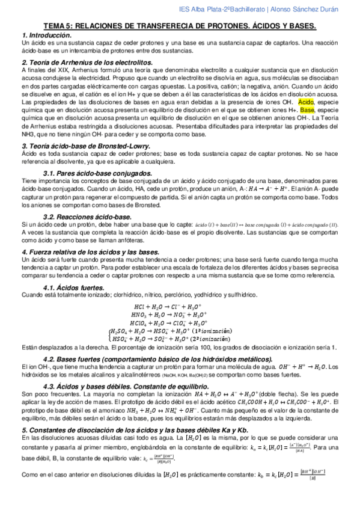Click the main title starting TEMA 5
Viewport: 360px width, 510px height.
point(180,27)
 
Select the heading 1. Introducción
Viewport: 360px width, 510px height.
point(46,37)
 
